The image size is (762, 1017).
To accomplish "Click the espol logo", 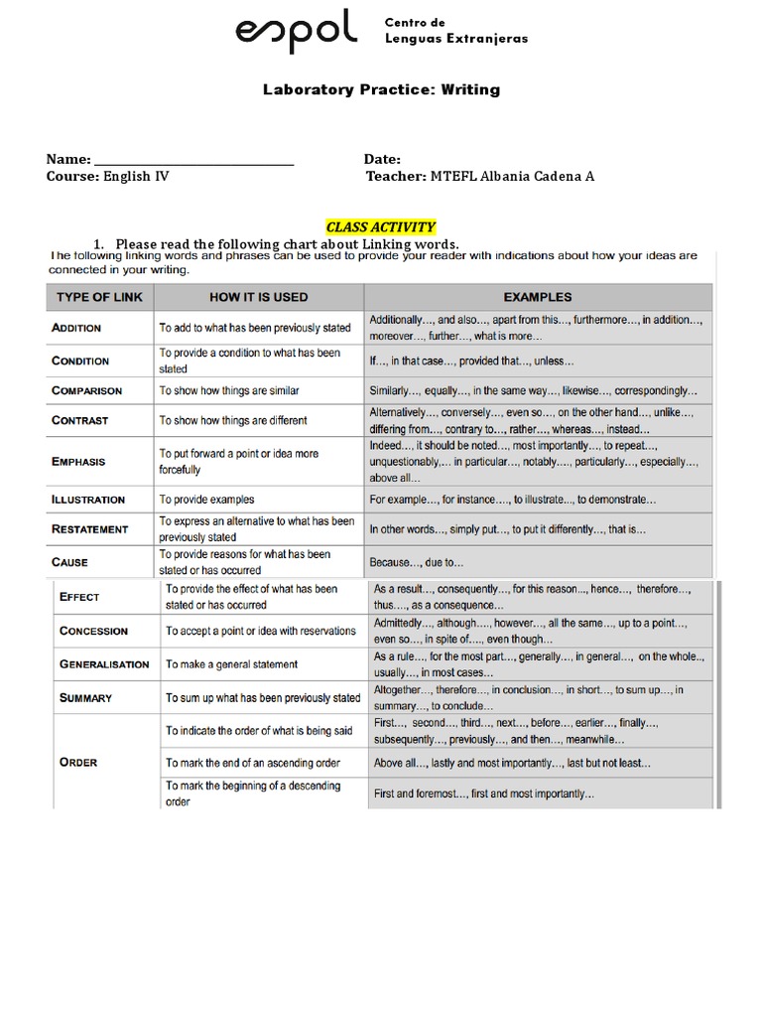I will click(297, 32).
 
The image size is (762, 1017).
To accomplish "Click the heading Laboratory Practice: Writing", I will click(381, 89).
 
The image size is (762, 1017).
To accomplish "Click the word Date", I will click(382, 159).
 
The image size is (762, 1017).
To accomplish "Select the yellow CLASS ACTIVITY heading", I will click(381, 227).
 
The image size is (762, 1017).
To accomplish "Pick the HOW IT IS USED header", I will click(258, 296).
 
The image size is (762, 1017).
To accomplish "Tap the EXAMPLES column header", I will click(537, 296).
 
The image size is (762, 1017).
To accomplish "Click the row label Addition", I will click(76, 327).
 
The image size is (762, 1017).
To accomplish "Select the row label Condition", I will click(80, 361).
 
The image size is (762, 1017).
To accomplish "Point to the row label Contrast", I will click(79, 420).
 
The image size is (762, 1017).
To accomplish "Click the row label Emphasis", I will click(78, 462).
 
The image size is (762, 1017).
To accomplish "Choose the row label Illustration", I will click(88, 500).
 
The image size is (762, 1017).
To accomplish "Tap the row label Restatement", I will click(89, 529).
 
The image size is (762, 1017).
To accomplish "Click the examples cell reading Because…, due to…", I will click(417, 562).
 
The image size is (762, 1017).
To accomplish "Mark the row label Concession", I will click(93, 631).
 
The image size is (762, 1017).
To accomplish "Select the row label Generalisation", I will click(104, 664).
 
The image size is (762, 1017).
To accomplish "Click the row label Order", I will click(78, 762).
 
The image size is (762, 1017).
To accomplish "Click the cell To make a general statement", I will click(232, 664).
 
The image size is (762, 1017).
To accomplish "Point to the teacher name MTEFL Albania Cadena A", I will click(512, 177).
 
